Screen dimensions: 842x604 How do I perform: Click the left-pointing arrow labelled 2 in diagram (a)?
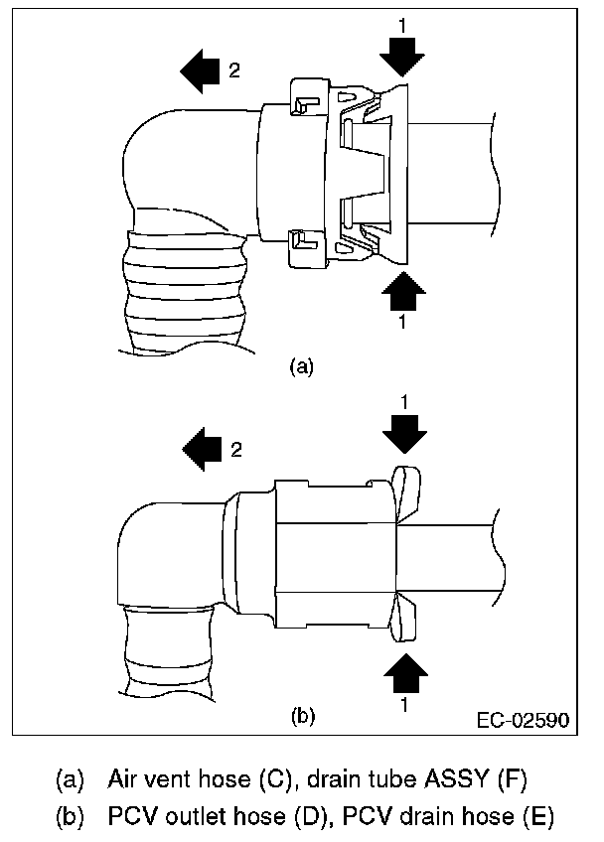[x=202, y=70]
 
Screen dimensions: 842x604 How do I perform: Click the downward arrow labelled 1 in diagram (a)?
[x=402, y=55]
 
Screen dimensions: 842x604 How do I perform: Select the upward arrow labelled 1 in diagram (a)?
[x=402, y=295]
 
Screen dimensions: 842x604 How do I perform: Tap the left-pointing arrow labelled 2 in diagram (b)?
[x=205, y=449]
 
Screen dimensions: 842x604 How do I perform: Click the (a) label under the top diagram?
[x=301, y=366]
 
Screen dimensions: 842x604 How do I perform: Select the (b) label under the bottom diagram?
[x=301, y=715]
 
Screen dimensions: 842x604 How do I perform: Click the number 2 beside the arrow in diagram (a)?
[x=235, y=70]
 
